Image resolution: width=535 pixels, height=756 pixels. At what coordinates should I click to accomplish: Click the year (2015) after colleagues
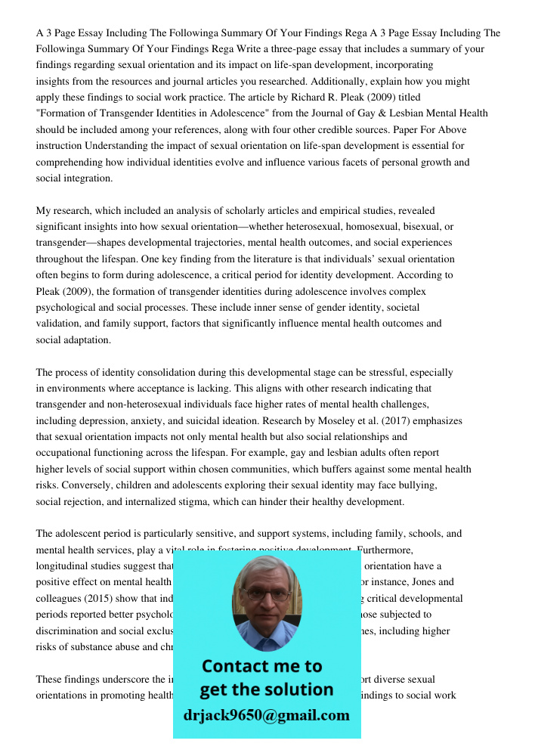click(x=91, y=599)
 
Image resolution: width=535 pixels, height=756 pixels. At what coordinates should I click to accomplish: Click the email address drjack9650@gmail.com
click(x=266, y=715)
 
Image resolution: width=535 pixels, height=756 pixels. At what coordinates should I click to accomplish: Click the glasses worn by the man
click(x=266, y=594)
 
